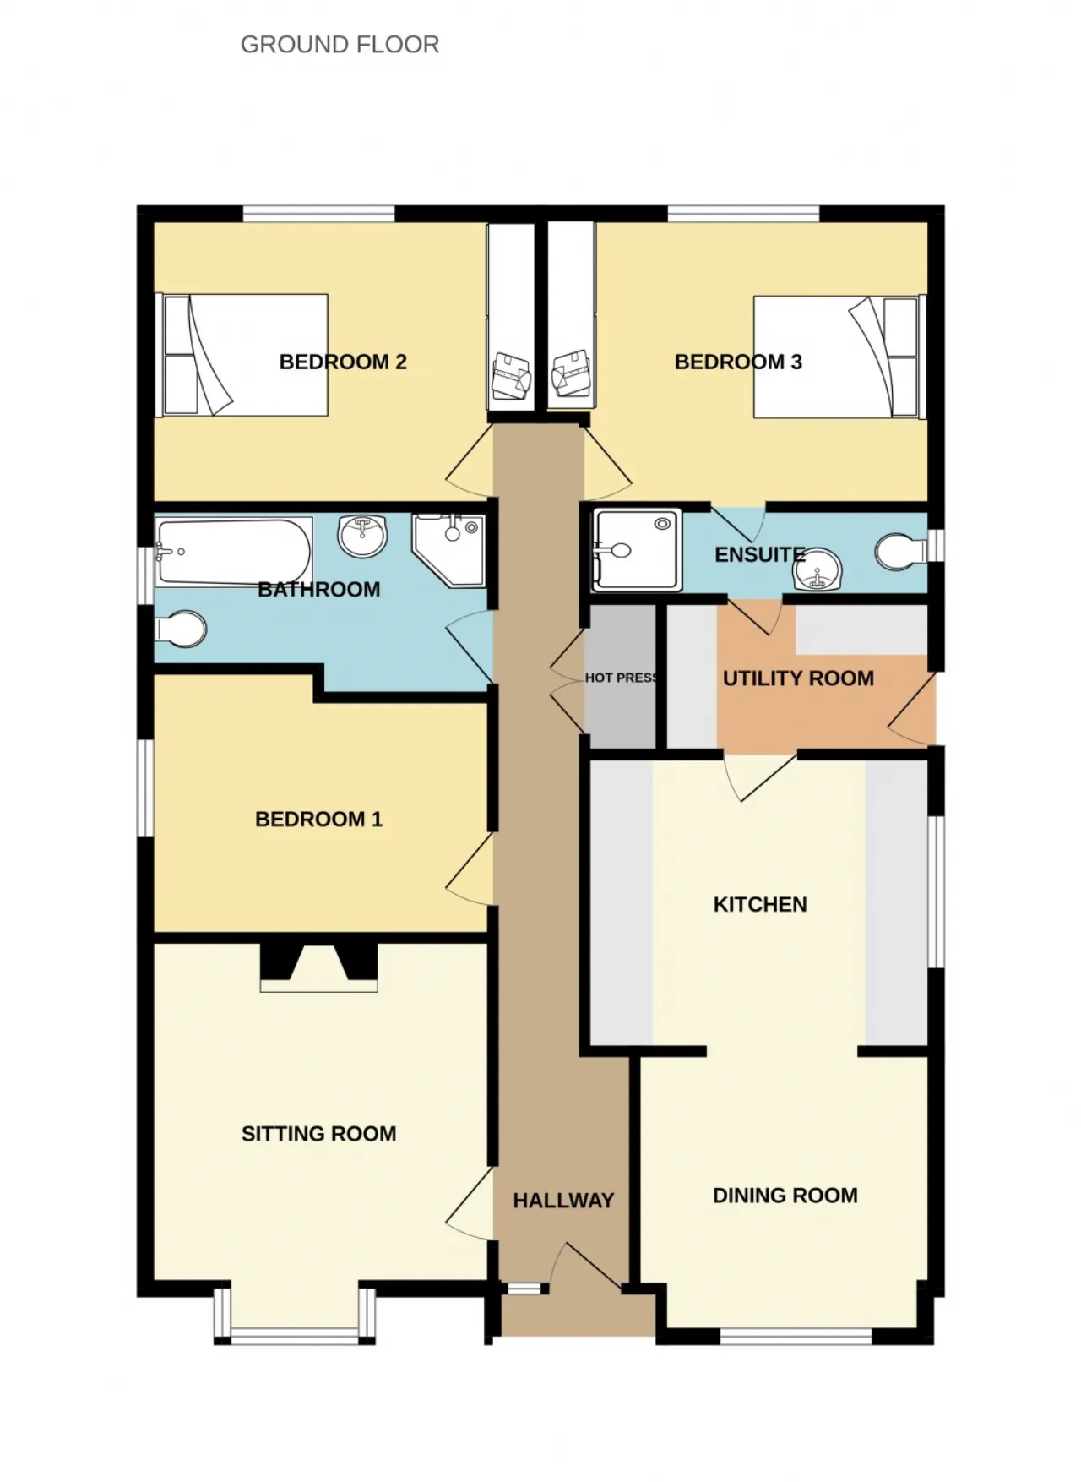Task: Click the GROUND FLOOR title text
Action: (x=340, y=44)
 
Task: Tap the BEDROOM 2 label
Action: (x=343, y=362)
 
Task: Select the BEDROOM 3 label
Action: (x=738, y=362)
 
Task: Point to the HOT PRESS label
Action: (x=622, y=678)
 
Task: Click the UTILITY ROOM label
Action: (x=798, y=678)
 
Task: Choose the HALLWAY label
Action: (x=563, y=1201)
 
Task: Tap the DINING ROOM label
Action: (x=785, y=1196)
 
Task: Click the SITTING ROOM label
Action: (x=318, y=1134)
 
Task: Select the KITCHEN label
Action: (x=760, y=905)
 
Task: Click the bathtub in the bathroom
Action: (x=233, y=551)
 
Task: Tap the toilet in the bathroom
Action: (x=181, y=629)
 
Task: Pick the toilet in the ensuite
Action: (x=901, y=552)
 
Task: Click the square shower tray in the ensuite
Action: (x=637, y=549)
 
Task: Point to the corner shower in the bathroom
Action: (x=448, y=550)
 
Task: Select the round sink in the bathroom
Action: (x=362, y=534)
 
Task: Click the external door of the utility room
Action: (x=912, y=710)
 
